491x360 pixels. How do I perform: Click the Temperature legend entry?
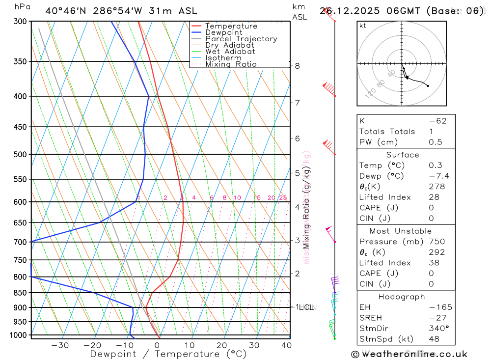[x=231, y=26]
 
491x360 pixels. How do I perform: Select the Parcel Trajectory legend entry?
[x=241, y=39]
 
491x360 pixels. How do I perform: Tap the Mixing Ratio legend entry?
[x=231, y=64]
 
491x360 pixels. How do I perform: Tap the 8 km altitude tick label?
[x=297, y=66]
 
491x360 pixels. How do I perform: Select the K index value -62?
[x=437, y=121]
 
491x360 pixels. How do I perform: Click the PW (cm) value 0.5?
[x=436, y=142]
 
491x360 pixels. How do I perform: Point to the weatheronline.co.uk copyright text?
[x=409, y=354]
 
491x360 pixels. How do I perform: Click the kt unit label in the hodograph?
[x=363, y=26]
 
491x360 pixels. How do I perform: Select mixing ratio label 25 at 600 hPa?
[x=283, y=198]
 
